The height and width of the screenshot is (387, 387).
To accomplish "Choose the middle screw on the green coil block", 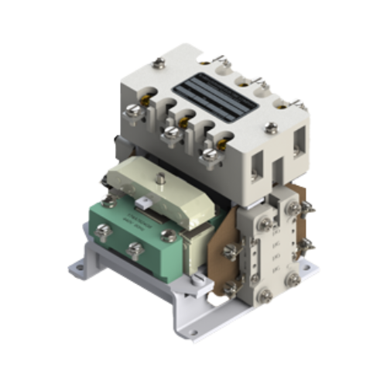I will pos(136,249).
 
